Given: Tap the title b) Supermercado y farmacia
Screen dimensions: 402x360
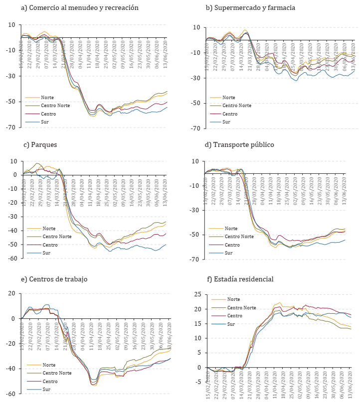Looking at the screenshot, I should [250, 8].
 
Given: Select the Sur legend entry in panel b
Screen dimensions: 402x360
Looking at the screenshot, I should [226, 122].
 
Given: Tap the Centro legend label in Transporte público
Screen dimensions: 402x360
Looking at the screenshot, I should [232, 245].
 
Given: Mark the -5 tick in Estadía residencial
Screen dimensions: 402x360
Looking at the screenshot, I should [198, 382].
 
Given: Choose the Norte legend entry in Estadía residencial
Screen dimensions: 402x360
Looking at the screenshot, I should [233, 299].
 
